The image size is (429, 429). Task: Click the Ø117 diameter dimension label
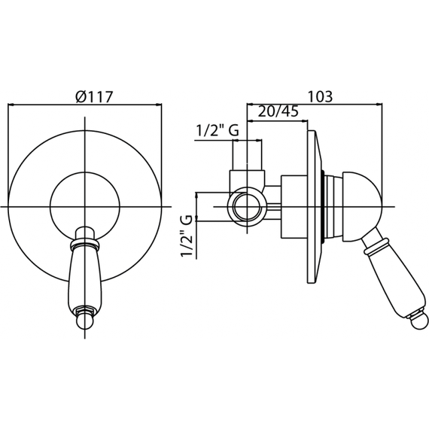coord(94,96)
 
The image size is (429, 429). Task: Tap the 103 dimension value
coord(321,96)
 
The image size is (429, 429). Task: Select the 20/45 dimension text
coord(278,111)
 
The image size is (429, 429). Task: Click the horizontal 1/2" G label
coord(218,130)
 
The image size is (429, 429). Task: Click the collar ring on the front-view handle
coord(85,244)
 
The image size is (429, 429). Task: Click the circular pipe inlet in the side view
coord(247,207)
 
